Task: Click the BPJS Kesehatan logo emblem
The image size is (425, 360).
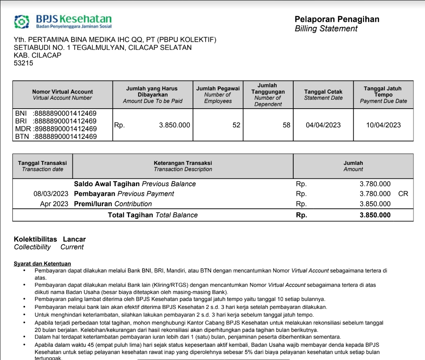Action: click(x=22, y=22)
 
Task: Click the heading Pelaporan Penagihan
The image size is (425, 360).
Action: click(x=337, y=19)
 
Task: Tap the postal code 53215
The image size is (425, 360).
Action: click(x=23, y=63)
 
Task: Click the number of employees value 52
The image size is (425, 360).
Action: click(x=236, y=125)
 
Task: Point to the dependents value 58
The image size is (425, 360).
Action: click(x=286, y=125)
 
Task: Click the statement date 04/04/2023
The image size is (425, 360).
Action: click(x=323, y=125)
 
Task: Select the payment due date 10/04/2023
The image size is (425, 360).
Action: click(x=383, y=125)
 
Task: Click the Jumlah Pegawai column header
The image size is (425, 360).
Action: click(x=218, y=95)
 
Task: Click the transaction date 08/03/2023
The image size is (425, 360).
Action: click(x=51, y=194)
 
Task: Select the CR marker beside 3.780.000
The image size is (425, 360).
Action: click(x=403, y=194)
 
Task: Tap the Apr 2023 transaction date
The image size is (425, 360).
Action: click(x=54, y=204)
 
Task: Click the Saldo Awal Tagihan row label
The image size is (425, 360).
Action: click(x=107, y=184)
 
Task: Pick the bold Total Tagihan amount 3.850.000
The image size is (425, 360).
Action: click(x=375, y=215)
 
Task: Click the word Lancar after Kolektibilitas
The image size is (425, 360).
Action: click(x=74, y=239)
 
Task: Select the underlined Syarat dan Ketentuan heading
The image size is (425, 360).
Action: click(x=42, y=264)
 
